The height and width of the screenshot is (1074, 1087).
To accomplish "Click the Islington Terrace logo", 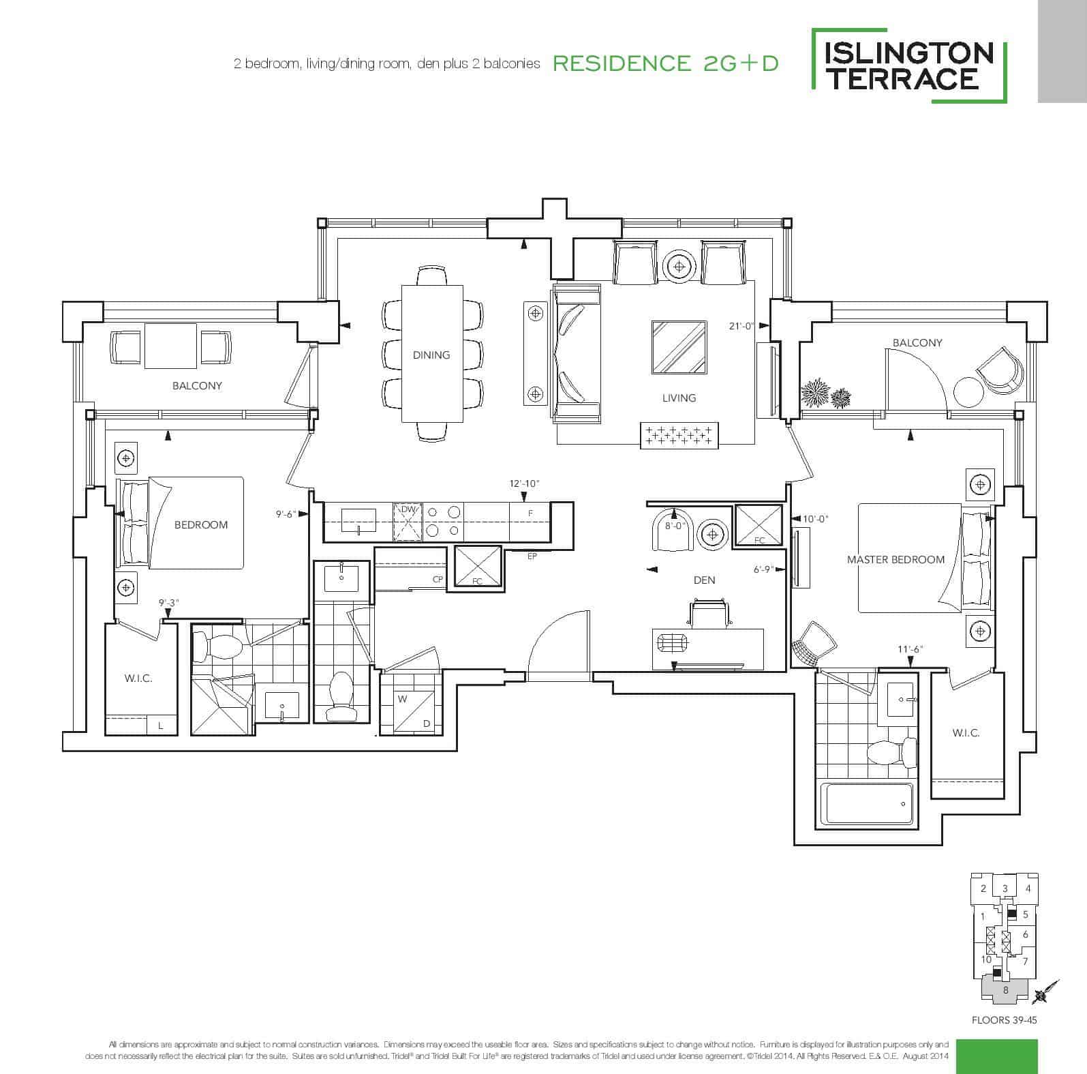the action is click(x=909, y=65).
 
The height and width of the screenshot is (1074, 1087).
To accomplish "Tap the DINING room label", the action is click(x=431, y=355).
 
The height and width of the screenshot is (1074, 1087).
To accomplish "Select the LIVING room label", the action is click(x=679, y=398).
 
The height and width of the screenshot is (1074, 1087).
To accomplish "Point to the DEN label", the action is click(x=704, y=580).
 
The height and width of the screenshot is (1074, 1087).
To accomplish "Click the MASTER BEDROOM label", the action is click(x=895, y=559).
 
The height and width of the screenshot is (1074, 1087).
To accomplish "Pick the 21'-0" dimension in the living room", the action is click(x=741, y=326).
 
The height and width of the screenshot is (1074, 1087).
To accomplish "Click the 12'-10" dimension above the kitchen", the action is click(x=524, y=483).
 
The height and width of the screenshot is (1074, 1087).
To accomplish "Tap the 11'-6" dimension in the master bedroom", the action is click(x=910, y=649).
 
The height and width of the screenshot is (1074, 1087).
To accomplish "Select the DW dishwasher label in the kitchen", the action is click(x=408, y=509).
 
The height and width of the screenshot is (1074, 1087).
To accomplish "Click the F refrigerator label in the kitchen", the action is click(x=530, y=513).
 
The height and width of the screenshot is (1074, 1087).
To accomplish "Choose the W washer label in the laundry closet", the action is click(x=402, y=698).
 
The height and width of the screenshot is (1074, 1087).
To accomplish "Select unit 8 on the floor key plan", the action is click(x=1005, y=990).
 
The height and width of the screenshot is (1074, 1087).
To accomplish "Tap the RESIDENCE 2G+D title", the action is click(x=665, y=63).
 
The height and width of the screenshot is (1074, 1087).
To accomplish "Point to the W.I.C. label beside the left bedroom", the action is click(x=138, y=678).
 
